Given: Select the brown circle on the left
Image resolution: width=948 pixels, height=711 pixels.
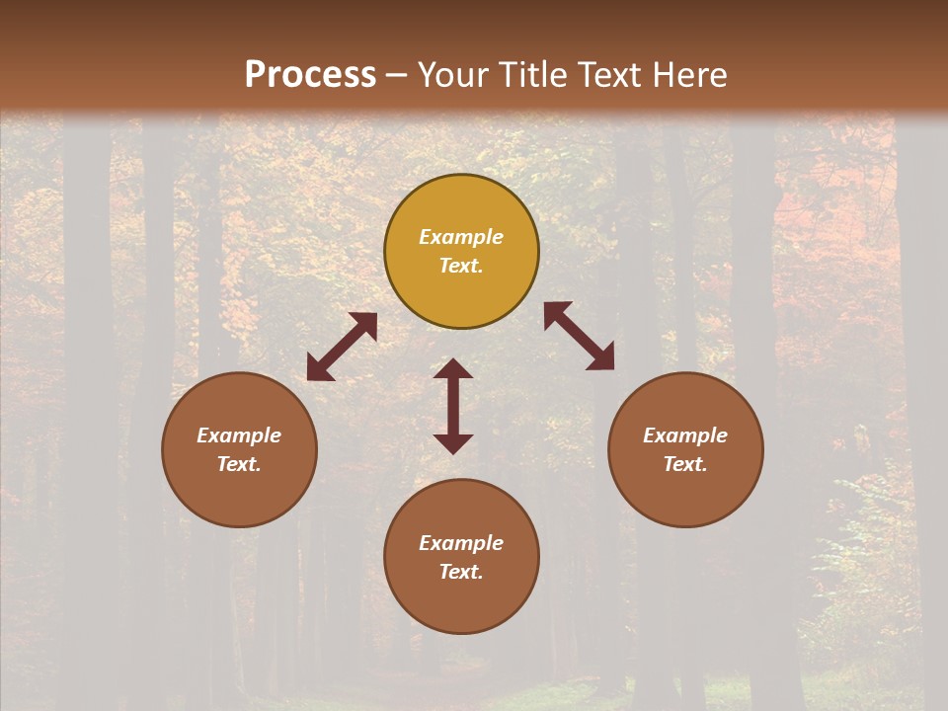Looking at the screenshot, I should click(239, 449).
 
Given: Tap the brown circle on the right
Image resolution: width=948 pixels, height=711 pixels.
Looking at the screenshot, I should click(685, 449).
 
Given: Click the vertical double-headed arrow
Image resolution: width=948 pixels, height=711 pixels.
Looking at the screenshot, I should click(453, 406).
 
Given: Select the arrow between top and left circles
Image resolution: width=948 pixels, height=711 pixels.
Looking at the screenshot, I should click(342, 347).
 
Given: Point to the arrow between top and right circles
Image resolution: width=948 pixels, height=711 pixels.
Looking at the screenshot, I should click(579, 336).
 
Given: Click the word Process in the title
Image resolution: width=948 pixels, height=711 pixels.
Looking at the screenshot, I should click(310, 74).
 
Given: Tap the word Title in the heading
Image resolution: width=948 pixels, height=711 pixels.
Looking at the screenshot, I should click(531, 74).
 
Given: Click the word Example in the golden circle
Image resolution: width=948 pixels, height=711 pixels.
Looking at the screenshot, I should click(461, 237).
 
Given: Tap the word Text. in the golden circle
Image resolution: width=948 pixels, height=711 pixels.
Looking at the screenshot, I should click(461, 266).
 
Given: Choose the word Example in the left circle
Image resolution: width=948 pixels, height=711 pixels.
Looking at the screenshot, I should click(239, 435).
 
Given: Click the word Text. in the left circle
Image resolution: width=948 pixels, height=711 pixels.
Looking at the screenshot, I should click(239, 464).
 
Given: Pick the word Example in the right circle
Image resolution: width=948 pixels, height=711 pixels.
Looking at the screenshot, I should click(685, 435).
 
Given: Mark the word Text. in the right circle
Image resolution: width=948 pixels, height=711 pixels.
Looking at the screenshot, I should click(685, 464).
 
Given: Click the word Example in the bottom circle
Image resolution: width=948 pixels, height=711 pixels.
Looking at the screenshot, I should click(461, 543).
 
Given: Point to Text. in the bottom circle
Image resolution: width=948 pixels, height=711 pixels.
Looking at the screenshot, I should click(461, 572).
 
